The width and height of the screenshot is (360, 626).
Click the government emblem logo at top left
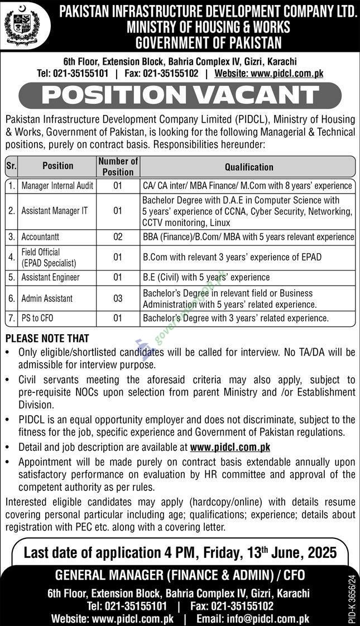click(x=22, y=26)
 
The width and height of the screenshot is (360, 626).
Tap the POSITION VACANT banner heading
click(x=180, y=94)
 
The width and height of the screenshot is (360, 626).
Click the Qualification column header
click(x=249, y=167)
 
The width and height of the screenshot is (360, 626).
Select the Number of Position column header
click(x=118, y=166)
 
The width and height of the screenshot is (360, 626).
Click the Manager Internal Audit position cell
click(x=57, y=185)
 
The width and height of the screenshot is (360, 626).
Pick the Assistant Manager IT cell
click(x=54, y=211)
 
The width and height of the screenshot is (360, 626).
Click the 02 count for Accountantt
click(x=118, y=237)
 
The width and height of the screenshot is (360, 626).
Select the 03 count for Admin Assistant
click(x=118, y=298)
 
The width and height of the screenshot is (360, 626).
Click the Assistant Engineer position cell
click(x=50, y=277)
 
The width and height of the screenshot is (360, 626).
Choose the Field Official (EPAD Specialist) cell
click(x=49, y=257)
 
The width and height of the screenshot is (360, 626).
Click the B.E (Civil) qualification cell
click(x=206, y=277)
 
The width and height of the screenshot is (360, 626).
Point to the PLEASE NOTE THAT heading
click(x=47, y=338)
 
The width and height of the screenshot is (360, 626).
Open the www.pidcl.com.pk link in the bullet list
click(x=230, y=447)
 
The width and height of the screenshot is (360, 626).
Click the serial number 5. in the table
click(x=11, y=277)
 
